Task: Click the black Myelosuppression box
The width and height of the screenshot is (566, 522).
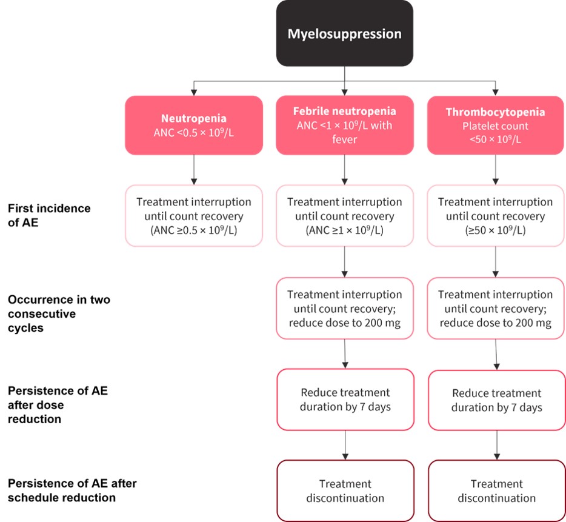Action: tap(344, 33)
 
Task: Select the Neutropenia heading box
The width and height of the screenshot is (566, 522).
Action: tap(194, 125)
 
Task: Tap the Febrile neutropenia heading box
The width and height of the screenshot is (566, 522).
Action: tap(344, 125)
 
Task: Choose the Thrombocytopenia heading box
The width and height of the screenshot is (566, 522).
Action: tap(495, 125)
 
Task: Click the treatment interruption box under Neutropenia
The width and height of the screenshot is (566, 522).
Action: tap(194, 215)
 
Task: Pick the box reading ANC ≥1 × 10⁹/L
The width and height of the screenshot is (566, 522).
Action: tap(344, 215)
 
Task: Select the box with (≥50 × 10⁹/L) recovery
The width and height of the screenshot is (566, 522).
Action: tap(495, 215)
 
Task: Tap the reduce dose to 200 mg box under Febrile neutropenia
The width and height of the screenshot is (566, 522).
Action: tap(344, 309)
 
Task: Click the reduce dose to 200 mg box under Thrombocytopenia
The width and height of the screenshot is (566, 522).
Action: tap(495, 309)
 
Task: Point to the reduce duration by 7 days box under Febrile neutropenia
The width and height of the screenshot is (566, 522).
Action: tap(345, 399)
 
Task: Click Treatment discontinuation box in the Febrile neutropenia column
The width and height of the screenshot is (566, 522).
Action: tap(345, 490)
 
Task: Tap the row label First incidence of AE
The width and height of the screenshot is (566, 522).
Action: tap(49, 215)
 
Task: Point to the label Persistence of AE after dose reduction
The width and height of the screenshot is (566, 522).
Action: tap(57, 404)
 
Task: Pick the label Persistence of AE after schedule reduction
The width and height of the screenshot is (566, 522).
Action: tap(72, 490)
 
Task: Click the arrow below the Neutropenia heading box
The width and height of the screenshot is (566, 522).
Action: tap(194, 169)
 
